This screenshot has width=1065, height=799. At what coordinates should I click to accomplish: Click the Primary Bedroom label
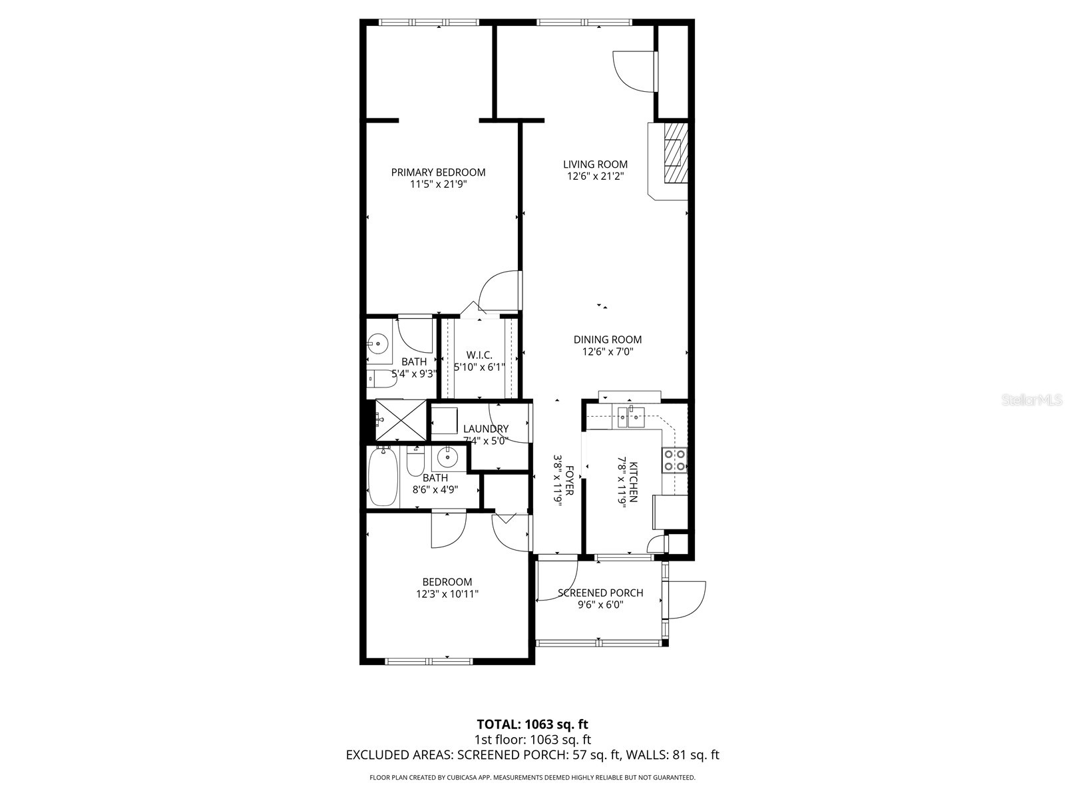click(x=438, y=172)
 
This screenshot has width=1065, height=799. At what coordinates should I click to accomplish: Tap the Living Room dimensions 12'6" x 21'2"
click(x=595, y=176)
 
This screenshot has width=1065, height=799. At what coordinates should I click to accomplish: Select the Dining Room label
click(x=607, y=340)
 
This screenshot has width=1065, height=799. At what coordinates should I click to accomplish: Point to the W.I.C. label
click(x=479, y=355)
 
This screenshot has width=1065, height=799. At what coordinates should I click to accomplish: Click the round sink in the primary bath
click(x=378, y=344)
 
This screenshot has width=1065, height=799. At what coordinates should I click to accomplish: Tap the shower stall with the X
click(x=401, y=420)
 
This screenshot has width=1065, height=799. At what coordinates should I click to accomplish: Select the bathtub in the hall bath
click(x=383, y=477)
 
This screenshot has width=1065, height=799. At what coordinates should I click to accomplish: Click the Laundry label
click(x=486, y=429)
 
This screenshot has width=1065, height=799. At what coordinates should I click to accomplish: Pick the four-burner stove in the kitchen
click(x=674, y=460)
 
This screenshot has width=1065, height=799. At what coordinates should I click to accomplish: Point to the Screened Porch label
click(x=600, y=593)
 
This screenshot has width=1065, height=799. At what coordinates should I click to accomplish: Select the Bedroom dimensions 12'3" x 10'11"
click(x=447, y=594)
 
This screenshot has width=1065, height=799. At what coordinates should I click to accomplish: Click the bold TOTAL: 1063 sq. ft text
click(x=532, y=724)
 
